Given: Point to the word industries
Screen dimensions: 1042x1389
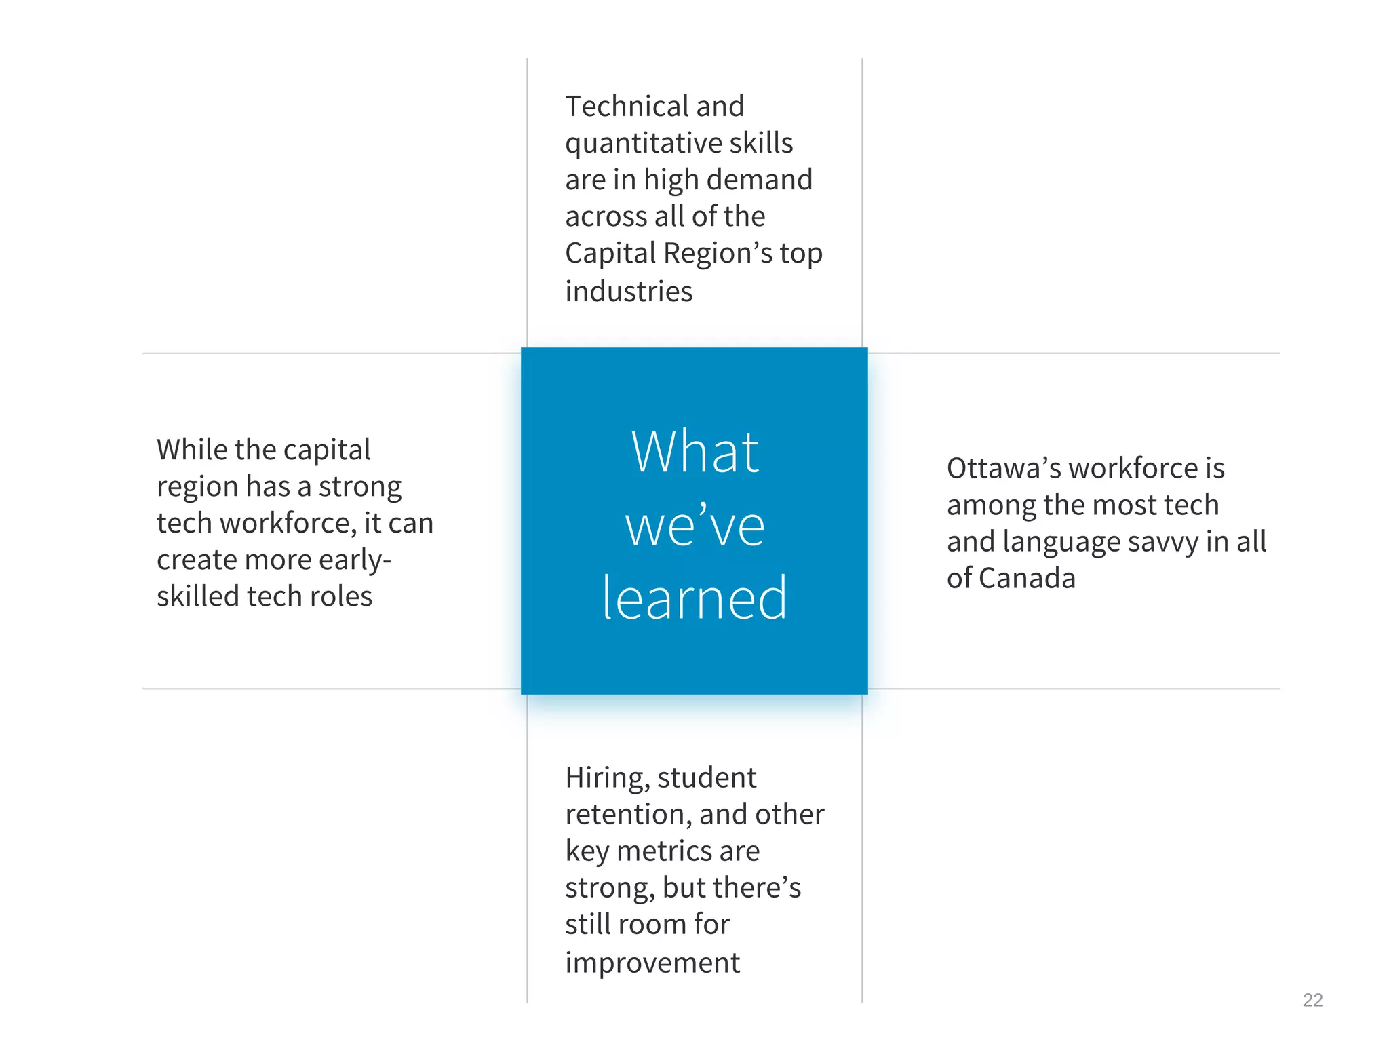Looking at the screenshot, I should pyautogui.click(x=629, y=292).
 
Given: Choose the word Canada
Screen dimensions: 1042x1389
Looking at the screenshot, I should pyautogui.click(x=1027, y=579).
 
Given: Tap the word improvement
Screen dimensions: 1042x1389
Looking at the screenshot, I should pyautogui.click(x=652, y=963).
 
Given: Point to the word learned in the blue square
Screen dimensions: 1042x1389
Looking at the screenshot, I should pyautogui.click(x=694, y=598).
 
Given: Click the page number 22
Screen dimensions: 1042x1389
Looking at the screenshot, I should pyautogui.click(x=1312, y=1000).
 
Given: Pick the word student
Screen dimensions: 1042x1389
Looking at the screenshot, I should pyautogui.click(x=707, y=778).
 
